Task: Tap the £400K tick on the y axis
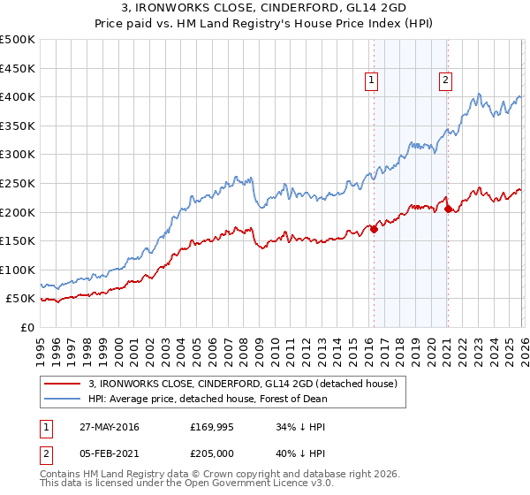tap(18, 96)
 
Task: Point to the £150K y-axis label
tap(18, 240)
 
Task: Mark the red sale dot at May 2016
tap(374, 229)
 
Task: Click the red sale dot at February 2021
tap(448, 209)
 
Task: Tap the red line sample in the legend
tap(64, 384)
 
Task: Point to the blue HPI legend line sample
tap(64, 399)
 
